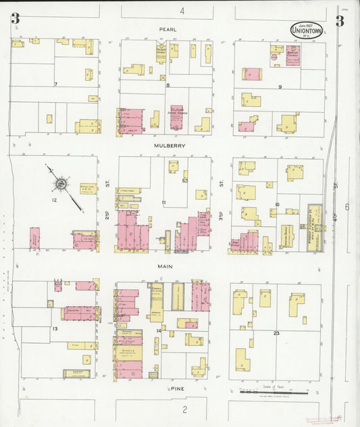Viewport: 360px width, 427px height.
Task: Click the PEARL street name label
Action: click(167, 30)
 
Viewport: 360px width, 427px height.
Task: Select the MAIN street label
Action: click(166, 267)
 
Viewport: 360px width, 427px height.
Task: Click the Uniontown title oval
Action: click(307, 29)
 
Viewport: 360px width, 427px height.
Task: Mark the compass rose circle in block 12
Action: click(61, 182)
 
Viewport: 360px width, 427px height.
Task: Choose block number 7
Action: click(56, 84)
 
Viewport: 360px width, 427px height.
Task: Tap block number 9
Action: click(279, 86)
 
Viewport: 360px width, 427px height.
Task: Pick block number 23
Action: click(276, 334)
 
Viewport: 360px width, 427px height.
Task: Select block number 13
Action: click(55, 328)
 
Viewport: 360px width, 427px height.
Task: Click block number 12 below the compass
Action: click(54, 200)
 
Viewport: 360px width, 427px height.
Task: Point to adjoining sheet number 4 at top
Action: click(182, 11)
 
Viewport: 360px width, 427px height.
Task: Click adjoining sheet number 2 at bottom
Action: click(184, 409)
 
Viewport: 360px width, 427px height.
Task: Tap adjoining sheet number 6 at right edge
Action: click(347, 207)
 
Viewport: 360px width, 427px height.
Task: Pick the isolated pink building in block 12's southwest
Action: click(34, 238)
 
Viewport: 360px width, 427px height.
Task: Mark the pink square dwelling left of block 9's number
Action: click(251, 74)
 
